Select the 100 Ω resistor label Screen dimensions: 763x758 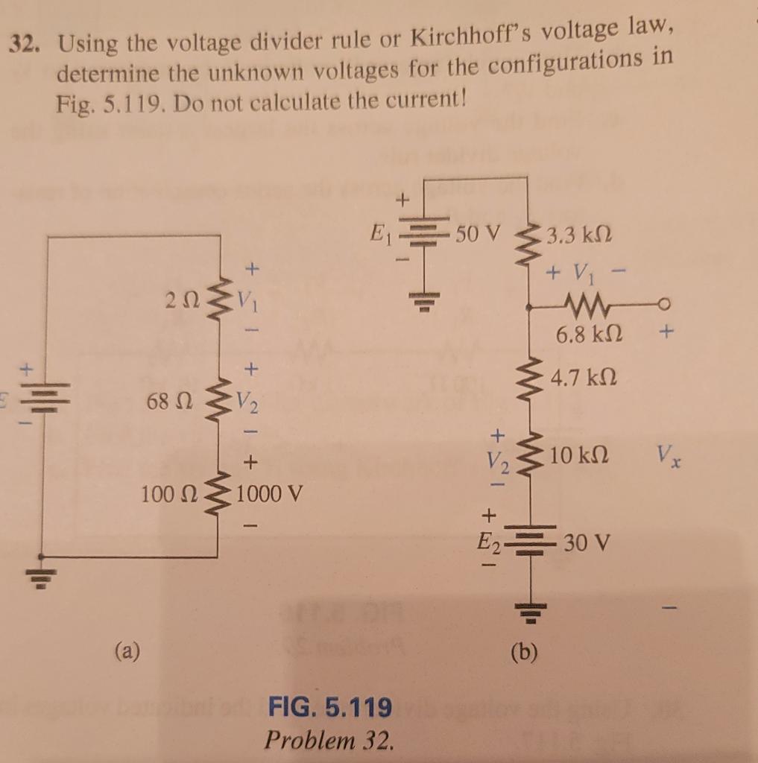click(165, 494)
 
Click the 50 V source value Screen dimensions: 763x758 click(476, 235)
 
